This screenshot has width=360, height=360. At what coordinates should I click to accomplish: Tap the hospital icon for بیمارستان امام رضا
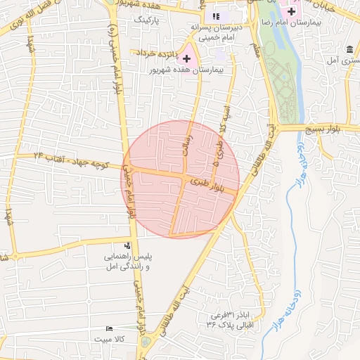[x=291, y=11]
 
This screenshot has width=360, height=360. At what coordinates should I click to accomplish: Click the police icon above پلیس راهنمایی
[x=127, y=245]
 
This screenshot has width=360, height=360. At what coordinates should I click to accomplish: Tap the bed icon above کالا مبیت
[x=108, y=329]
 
